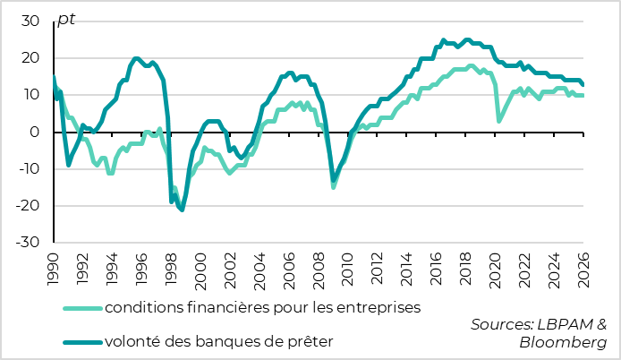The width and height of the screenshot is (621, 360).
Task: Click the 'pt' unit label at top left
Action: pos(65,20)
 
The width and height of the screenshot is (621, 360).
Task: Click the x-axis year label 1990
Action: pos(53,266)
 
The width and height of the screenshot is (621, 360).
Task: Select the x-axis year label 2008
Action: pos(318,266)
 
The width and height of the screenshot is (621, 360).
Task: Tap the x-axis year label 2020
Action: pos(495,266)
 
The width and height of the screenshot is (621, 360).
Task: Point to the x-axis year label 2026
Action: pos(583,266)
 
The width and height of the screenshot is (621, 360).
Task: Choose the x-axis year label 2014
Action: pos(406,266)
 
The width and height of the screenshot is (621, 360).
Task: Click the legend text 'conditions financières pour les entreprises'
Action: pos(262,308)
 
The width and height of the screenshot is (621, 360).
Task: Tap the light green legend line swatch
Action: pos(81,308)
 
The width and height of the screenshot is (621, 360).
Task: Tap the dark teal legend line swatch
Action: pos(81,340)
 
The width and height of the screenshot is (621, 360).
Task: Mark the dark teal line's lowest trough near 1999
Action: pos(182,210)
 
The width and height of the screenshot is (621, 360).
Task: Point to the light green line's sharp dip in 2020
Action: pos(499,121)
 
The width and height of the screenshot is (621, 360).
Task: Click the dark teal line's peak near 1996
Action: pos(136,59)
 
